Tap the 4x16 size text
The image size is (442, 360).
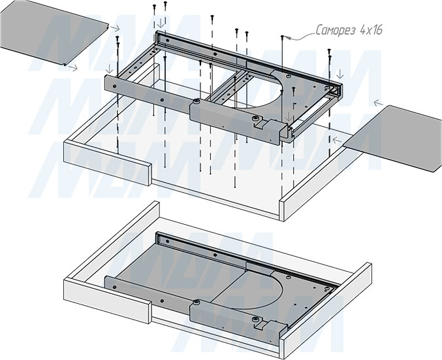(x=371, y=30)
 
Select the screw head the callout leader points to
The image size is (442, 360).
(x=282, y=37)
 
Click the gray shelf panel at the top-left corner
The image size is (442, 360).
(x=53, y=33)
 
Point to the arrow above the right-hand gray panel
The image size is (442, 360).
(x=378, y=103)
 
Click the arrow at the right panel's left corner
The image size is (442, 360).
(x=337, y=140)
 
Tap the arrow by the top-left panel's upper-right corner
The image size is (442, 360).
(x=115, y=28)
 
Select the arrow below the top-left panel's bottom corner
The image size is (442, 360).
(x=73, y=67)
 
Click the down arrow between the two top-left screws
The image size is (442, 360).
(x=160, y=23)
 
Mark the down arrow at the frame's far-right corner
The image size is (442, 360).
(x=340, y=74)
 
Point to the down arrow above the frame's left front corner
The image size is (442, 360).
(x=109, y=68)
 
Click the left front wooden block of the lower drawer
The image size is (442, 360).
(x=108, y=301)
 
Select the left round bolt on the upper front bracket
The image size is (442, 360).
(x=197, y=101)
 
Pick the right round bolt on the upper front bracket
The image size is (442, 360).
(x=256, y=118)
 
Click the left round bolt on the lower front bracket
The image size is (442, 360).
(x=197, y=302)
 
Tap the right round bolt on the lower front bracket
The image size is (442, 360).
(x=256, y=319)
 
